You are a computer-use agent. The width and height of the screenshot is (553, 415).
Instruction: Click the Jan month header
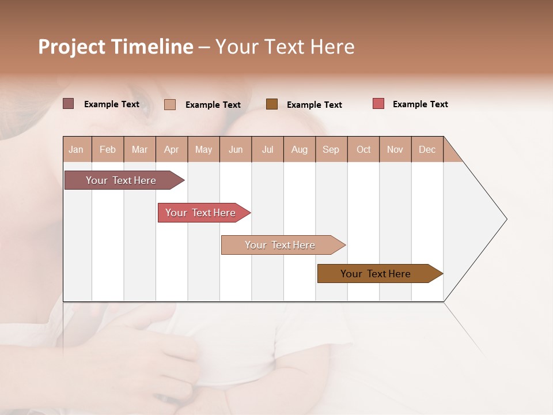[77, 149]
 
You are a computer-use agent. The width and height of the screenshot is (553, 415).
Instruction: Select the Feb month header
[108, 149]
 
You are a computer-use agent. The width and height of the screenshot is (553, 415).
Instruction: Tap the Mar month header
[139, 149]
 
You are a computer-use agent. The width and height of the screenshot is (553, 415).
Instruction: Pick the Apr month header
[172, 149]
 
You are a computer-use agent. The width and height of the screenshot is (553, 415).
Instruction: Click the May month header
[203, 149]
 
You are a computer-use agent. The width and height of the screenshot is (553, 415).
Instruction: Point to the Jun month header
[236, 149]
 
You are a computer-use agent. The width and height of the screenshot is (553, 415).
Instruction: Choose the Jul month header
[267, 149]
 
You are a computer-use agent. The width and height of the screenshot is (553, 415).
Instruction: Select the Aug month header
[300, 149]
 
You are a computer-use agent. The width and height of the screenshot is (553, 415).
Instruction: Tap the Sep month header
[331, 149]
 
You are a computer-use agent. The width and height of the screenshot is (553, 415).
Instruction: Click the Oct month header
[363, 149]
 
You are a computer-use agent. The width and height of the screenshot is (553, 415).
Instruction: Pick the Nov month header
[395, 149]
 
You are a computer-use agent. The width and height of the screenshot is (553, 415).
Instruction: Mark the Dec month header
[427, 149]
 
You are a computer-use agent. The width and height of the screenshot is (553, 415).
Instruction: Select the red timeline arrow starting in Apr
[202, 213]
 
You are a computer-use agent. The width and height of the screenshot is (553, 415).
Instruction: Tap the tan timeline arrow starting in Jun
[281, 245]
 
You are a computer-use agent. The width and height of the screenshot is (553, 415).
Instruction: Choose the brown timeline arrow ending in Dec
[377, 274]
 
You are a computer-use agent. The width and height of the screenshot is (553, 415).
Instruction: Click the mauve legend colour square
[69, 104]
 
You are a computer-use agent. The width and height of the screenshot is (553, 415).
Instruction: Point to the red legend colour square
[378, 104]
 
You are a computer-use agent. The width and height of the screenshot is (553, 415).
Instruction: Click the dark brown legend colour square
[272, 104]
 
